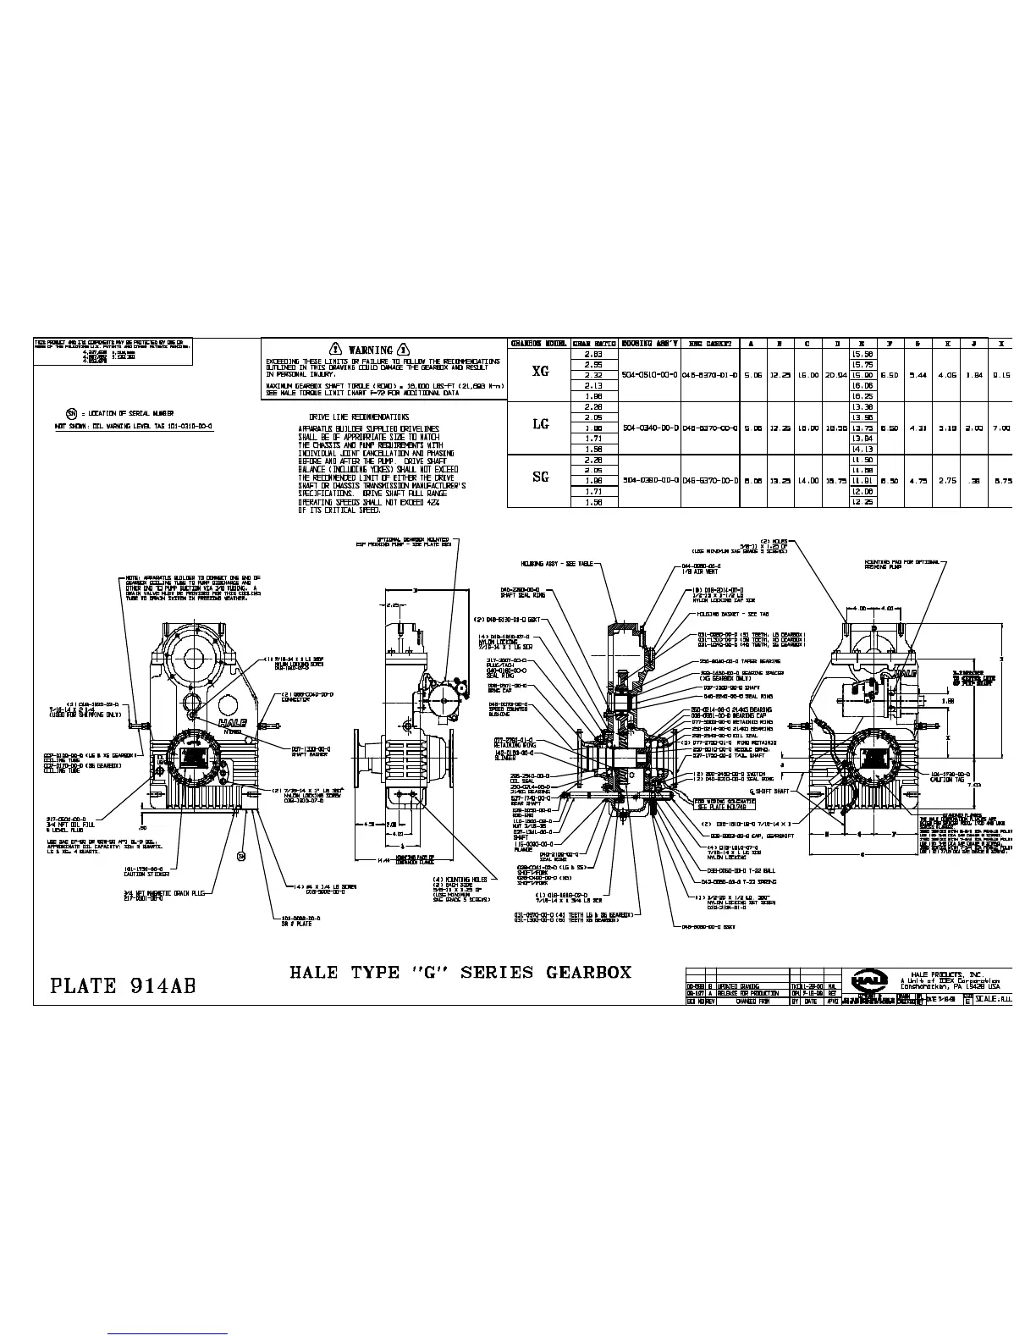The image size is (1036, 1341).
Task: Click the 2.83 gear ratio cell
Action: click(592, 354)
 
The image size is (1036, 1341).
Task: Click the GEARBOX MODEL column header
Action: click(538, 344)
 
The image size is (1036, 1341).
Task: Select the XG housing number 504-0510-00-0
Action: click(650, 374)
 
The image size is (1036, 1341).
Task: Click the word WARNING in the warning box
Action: click(372, 350)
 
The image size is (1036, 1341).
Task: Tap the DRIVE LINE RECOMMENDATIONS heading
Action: click(359, 417)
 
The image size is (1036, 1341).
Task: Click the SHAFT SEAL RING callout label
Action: click(526, 595)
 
